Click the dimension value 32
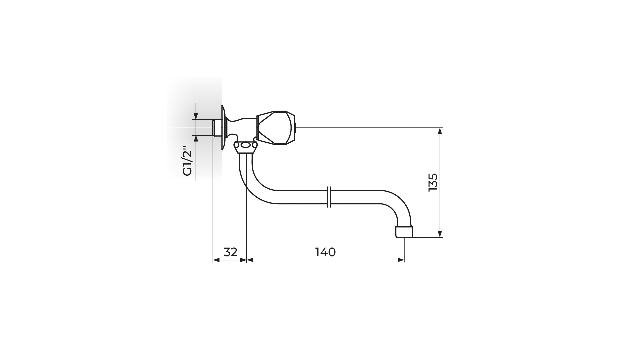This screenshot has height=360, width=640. tap(230, 252)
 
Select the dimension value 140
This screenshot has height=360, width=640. tap(325, 252)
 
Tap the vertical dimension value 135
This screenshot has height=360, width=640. tap(432, 182)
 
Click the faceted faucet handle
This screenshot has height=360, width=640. tap(276, 128)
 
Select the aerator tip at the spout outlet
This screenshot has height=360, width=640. tap(404, 232)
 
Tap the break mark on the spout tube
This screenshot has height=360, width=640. tap(329, 197)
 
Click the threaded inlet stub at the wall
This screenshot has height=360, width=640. tap(217, 128)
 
